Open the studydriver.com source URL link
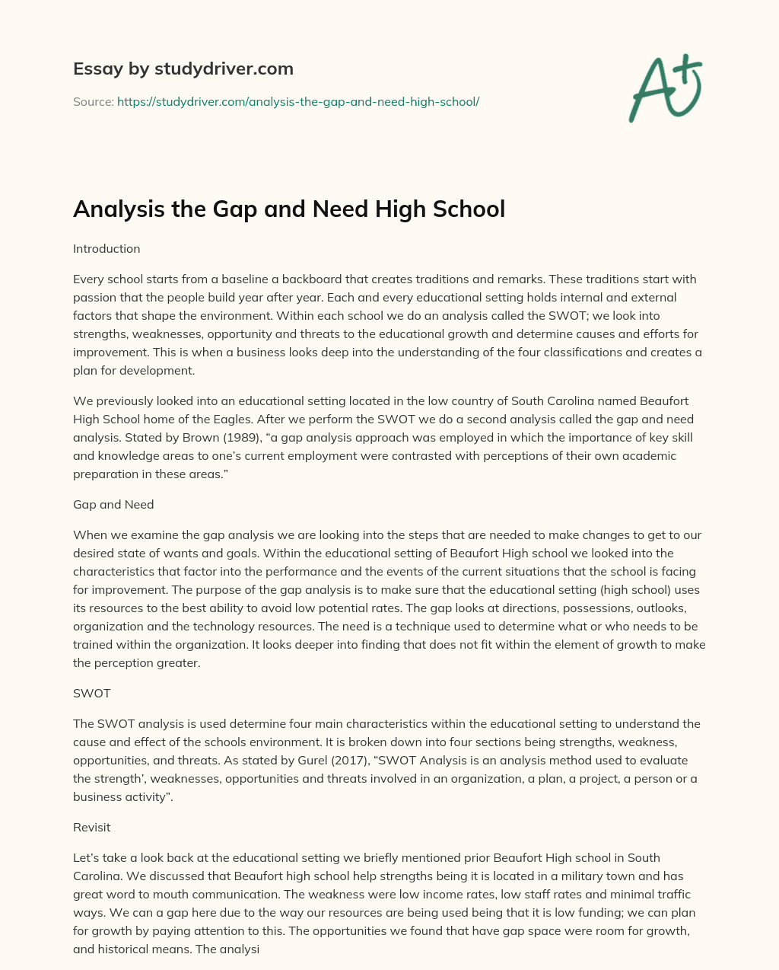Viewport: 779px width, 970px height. [297, 101]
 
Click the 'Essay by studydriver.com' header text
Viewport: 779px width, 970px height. [183, 69]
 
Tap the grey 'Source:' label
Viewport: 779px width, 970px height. [93, 101]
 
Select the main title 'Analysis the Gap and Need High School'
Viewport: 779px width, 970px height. [288, 209]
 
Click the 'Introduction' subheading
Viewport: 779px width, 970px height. [107, 249]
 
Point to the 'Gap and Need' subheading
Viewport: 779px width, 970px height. [113, 504]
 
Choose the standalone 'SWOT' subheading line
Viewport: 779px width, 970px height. [91, 693]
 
